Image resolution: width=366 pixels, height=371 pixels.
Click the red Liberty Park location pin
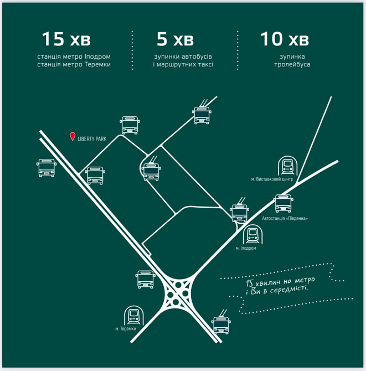[73, 137]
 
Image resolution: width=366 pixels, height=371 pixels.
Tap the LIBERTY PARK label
[92, 139]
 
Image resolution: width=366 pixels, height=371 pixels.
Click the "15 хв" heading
[66, 39]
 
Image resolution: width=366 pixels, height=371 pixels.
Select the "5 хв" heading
[175, 39]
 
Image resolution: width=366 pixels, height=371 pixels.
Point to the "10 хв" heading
[285, 39]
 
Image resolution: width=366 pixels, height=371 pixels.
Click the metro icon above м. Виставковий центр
[287, 166]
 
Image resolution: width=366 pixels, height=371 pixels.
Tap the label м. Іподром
[246, 248]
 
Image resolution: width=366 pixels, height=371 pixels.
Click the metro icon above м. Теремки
[134, 315]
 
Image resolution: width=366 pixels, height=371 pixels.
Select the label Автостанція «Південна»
[285, 218]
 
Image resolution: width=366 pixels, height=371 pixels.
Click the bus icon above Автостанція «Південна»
[283, 203]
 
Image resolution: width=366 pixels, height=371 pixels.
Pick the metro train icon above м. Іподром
[252, 234]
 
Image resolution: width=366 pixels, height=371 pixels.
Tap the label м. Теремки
[126, 329]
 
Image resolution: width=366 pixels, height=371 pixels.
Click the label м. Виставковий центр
[272, 179]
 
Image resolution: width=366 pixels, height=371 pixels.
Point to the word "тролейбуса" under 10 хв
[292, 64]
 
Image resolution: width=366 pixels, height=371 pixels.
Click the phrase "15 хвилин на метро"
[280, 281]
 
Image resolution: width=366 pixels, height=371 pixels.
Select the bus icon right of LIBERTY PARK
[130, 125]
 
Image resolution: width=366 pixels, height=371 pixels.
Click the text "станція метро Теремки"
[74, 64]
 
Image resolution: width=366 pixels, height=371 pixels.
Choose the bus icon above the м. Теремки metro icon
[146, 280]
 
